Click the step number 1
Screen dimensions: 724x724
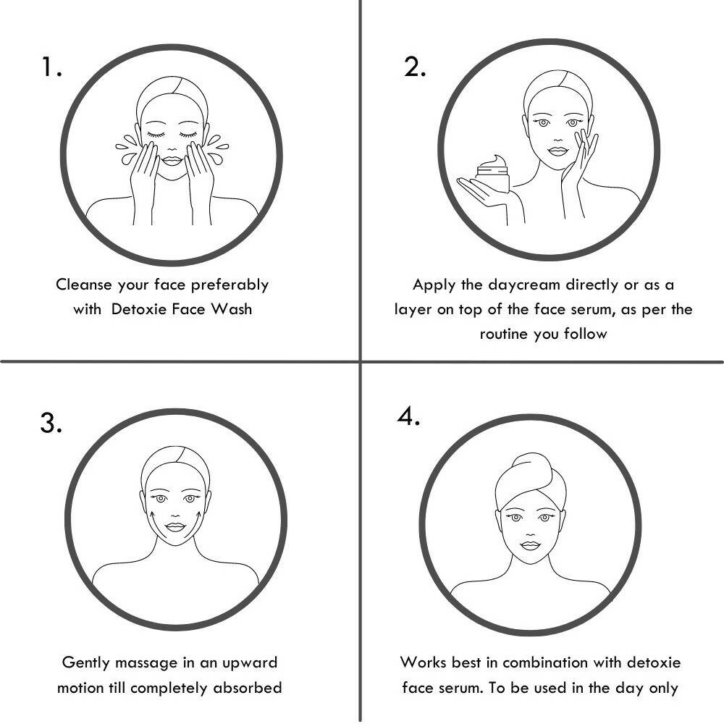click(x=51, y=67)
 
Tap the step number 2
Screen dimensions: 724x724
click(x=415, y=67)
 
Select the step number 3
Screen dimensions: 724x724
click(x=51, y=423)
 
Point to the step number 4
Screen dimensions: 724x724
click(x=408, y=416)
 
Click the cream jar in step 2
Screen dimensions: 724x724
click(x=492, y=174)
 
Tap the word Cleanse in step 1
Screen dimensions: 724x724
click(x=83, y=285)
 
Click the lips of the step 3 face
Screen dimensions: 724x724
click(x=175, y=527)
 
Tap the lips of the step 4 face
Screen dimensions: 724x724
click(x=530, y=546)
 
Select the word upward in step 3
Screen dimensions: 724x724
click(x=250, y=663)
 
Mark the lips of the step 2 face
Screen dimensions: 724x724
click(x=557, y=151)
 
